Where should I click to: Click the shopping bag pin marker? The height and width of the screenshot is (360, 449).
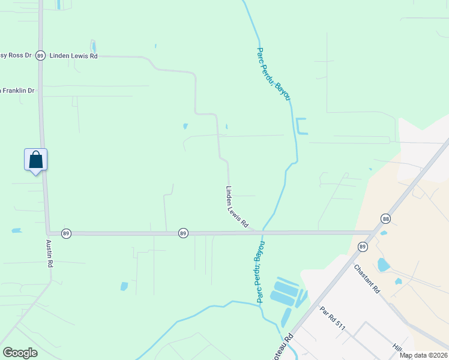click(35, 160)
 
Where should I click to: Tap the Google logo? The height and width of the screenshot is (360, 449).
click(20, 352)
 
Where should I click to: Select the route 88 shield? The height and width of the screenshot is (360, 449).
click(385, 220)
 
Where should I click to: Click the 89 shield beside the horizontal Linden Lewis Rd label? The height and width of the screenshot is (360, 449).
click(40, 55)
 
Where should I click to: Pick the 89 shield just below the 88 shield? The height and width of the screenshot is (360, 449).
click(363, 247)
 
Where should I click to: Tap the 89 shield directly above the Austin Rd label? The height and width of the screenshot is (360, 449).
click(66, 233)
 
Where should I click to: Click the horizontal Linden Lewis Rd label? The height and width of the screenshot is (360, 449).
click(73, 55)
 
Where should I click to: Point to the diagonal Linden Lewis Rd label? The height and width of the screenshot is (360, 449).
click(237, 206)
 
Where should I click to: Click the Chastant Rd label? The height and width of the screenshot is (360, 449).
click(367, 278)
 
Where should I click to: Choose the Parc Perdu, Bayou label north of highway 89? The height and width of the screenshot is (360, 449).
click(274, 74)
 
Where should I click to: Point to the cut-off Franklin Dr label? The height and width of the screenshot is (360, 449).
click(17, 90)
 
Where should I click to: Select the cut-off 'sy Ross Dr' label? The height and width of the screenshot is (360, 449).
click(16, 55)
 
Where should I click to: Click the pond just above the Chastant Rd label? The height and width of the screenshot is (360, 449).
click(384, 265)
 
